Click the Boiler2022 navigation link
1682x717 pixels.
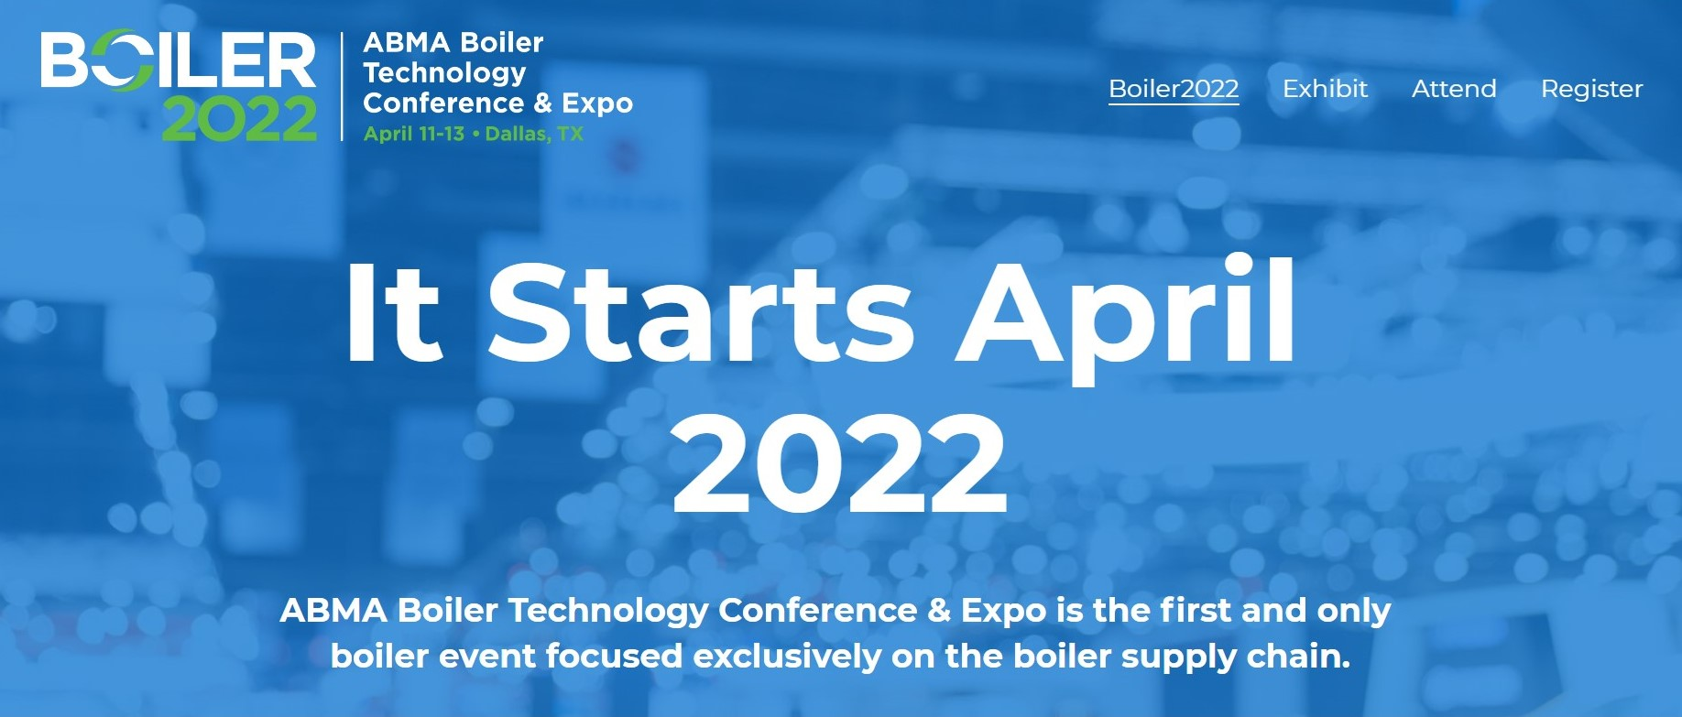pos(1174,89)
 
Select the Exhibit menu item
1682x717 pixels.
pos(1325,89)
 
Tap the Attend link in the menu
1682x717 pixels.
pos(1454,89)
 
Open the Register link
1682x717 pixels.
pos(1591,89)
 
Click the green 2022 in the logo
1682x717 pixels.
pos(240,119)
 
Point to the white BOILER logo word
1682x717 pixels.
pos(178,60)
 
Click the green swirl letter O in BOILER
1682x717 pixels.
pos(121,61)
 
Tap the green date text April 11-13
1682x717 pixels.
pos(414,134)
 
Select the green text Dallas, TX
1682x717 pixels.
pos(534,134)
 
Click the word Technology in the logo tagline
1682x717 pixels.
pos(444,72)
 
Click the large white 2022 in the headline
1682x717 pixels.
pos(839,464)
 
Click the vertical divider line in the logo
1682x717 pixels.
pos(342,87)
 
